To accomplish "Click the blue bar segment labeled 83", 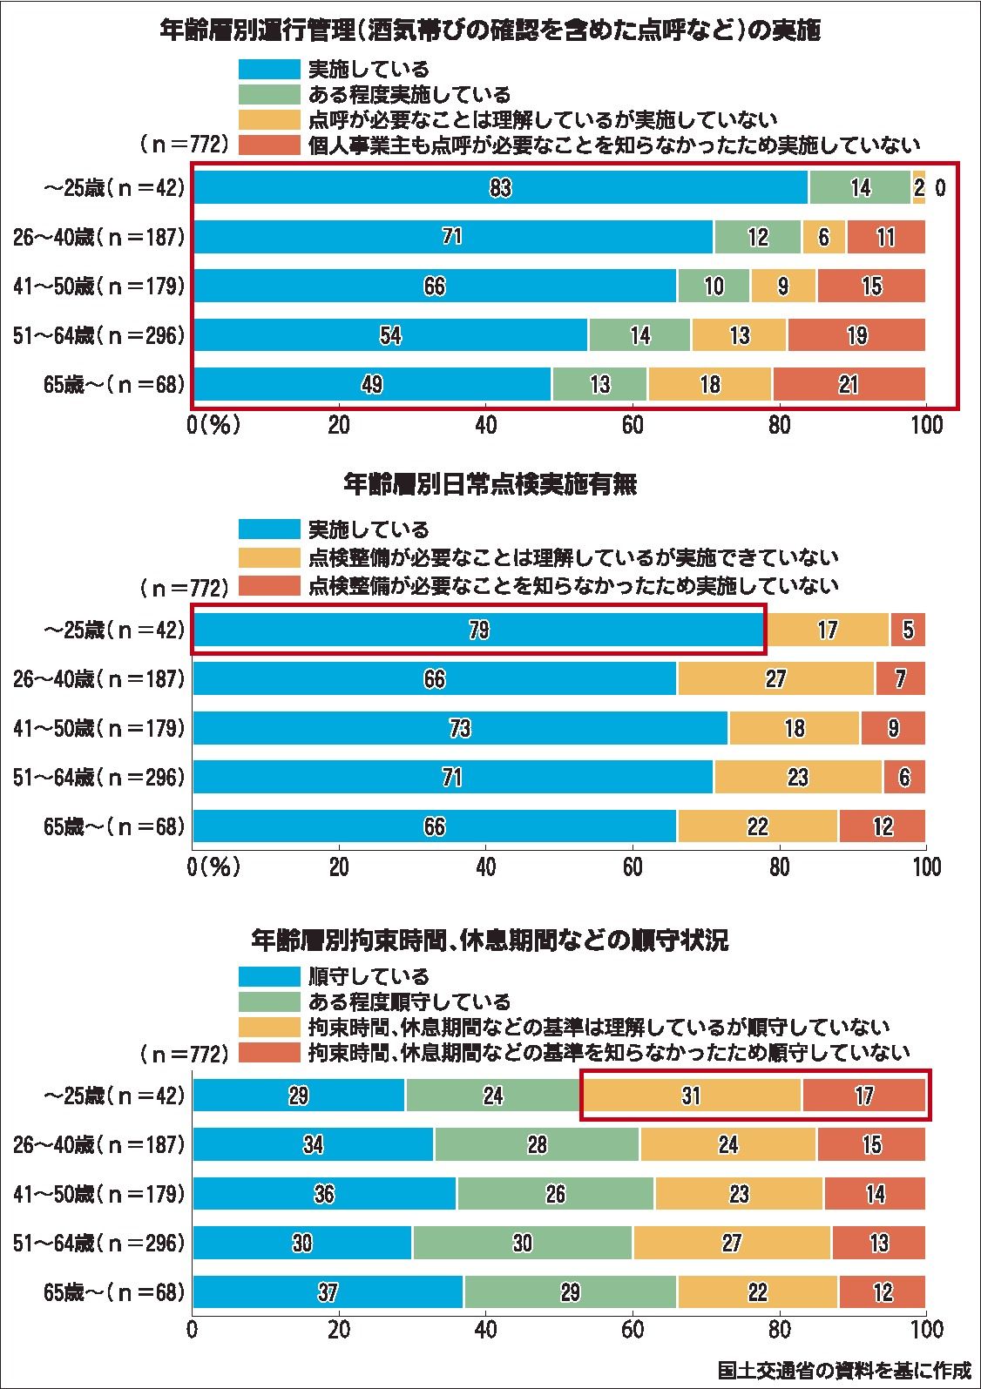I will (500, 187).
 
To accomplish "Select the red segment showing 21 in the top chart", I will (849, 384).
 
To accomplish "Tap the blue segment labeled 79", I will (478, 630).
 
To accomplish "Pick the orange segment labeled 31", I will (691, 1096).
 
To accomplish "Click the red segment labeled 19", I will (856, 335).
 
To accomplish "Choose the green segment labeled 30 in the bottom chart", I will (523, 1243).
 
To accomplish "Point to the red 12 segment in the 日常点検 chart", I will (883, 826).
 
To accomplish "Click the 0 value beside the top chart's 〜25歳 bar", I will (940, 187).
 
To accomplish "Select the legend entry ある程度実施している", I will (409, 94).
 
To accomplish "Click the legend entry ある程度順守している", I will (409, 1002).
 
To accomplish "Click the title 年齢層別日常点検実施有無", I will (490, 484).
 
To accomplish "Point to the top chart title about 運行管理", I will (490, 31).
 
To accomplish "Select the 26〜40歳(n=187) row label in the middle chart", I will (98, 678).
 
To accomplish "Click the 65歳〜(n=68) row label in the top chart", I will (114, 384).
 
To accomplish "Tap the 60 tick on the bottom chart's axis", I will (633, 1330).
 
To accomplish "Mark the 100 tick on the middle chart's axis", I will (926, 867).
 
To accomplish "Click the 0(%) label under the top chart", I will (213, 425).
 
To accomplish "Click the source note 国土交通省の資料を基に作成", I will (843, 1370).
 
